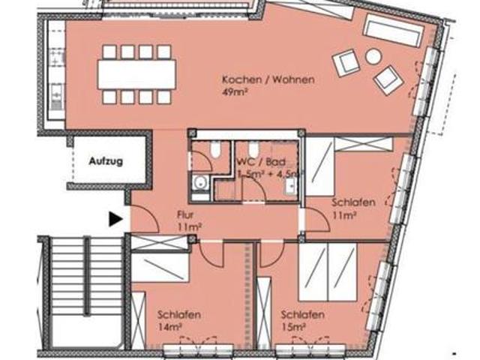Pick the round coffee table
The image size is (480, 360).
(372, 56)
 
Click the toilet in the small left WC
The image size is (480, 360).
(215, 149)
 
